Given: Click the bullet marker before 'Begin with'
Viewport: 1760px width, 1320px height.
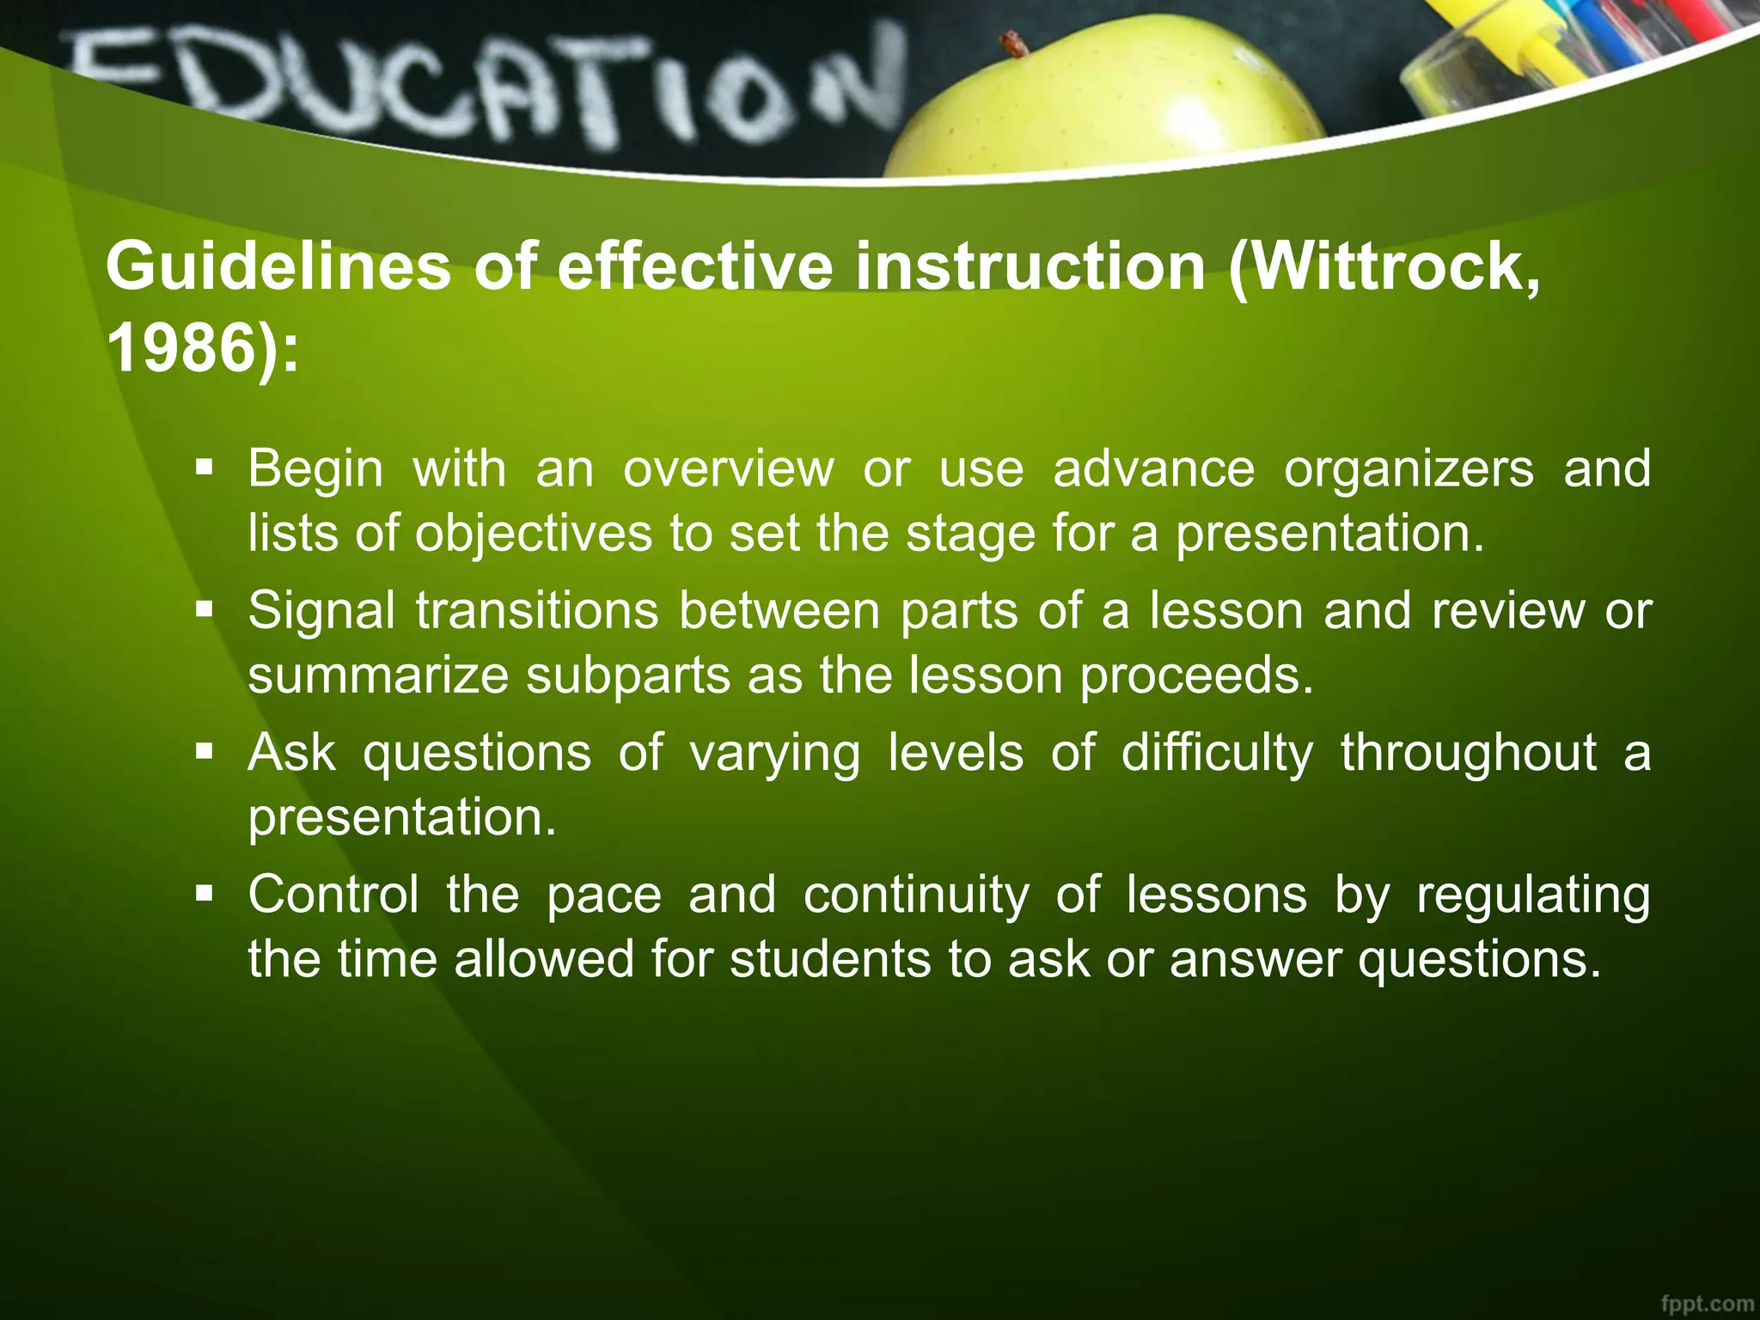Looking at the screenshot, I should point(204,468).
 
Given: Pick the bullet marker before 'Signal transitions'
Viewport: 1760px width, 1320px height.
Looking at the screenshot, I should point(204,610).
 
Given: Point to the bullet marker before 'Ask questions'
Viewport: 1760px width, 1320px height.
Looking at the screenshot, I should point(204,752).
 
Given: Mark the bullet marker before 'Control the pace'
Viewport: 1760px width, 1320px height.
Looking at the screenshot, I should point(204,894).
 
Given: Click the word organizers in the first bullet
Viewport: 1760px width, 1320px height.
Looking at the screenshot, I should point(1409,468).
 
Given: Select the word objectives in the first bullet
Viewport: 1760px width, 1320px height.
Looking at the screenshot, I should point(534,534).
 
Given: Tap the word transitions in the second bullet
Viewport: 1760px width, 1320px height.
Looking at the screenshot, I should point(537,610).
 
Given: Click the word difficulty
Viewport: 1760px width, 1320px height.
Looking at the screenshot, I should point(1217,752).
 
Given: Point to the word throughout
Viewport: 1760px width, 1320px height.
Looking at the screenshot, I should point(1469,752).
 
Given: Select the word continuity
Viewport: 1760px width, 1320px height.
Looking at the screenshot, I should point(915,894).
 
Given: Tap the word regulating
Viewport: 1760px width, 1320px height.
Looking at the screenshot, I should point(1533,895).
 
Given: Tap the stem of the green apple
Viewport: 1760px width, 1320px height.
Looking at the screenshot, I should point(1014,43).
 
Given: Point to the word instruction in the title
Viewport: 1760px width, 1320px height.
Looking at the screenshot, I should point(1030,266).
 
